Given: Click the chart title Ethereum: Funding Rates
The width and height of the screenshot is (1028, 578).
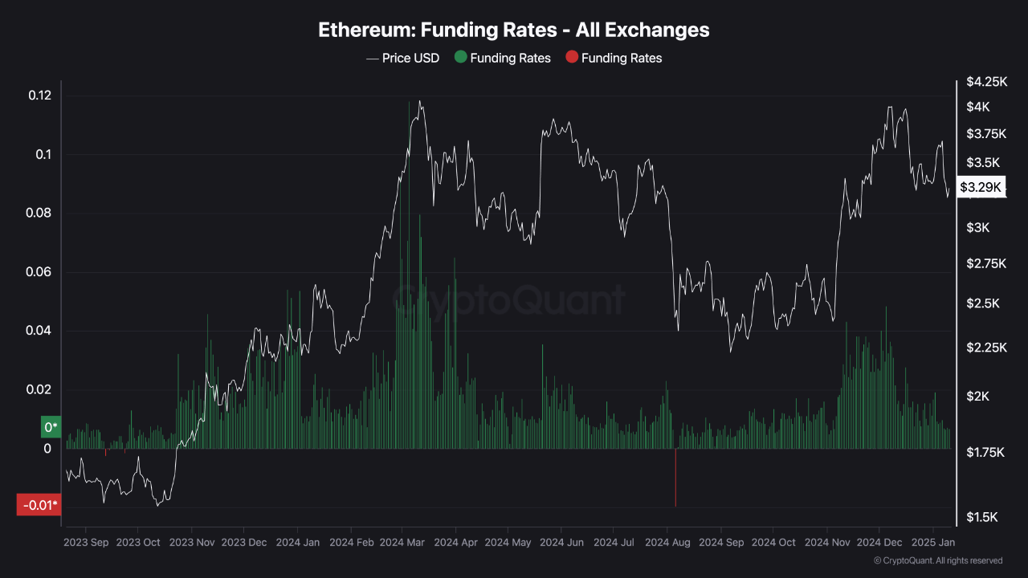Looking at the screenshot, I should pyautogui.click(x=514, y=30).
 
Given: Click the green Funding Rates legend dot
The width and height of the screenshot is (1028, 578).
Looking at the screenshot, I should pyautogui.click(x=460, y=58).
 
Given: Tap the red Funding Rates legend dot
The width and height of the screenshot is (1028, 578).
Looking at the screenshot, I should pyautogui.click(x=571, y=58).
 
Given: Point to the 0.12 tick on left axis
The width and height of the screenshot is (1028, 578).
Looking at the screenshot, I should pyautogui.click(x=40, y=96).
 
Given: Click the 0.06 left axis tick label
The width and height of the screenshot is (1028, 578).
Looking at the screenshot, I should pyautogui.click(x=40, y=272).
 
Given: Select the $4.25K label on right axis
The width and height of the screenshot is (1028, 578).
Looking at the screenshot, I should pyautogui.click(x=986, y=81).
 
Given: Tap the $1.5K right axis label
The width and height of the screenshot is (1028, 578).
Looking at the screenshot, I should pyautogui.click(x=981, y=517).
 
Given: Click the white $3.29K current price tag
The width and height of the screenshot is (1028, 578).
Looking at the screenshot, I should pyautogui.click(x=981, y=187).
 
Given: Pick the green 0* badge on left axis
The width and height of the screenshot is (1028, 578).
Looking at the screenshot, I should pyautogui.click(x=51, y=427).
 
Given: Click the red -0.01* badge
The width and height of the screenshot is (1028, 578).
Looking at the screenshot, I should pyautogui.click(x=39, y=505).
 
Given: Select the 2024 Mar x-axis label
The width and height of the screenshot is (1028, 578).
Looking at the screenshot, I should pyautogui.click(x=402, y=543).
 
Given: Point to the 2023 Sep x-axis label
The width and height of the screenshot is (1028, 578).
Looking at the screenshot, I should pyautogui.click(x=86, y=543).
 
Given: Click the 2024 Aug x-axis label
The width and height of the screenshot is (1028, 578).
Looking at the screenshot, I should pyautogui.click(x=667, y=543).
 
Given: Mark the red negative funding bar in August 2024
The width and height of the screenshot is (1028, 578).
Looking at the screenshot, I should pyautogui.click(x=675, y=478).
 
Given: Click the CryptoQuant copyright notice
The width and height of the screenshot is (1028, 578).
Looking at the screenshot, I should pyautogui.click(x=938, y=560).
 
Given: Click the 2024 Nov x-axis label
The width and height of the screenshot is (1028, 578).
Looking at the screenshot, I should pyautogui.click(x=826, y=543).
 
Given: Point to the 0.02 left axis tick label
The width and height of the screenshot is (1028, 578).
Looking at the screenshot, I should pyautogui.click(x=40, y=389).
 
